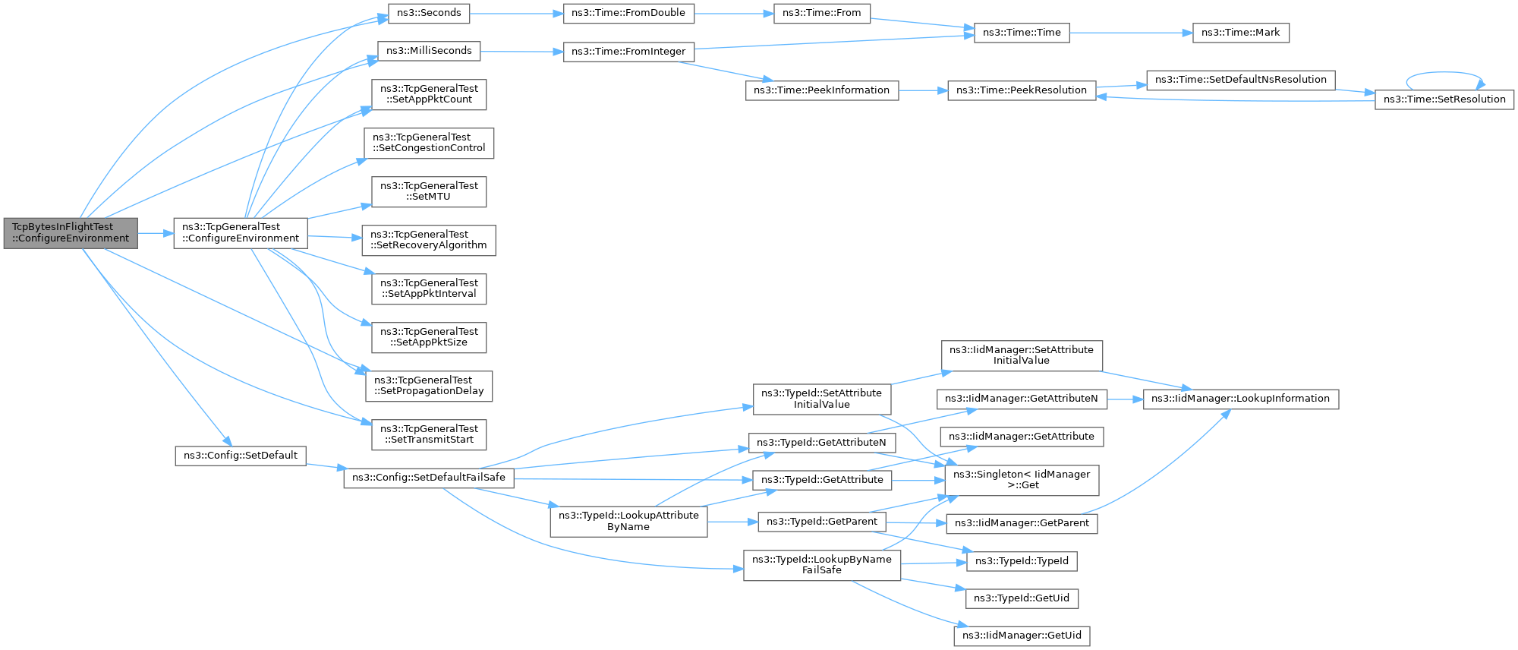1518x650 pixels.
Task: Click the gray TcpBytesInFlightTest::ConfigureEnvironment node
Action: pyautogui.click(x=71, y=233)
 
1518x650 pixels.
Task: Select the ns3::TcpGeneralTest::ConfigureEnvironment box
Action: pyautogui.click(x=241, y=233)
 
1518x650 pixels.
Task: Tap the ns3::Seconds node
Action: pyautogui.click(x=429, y=13)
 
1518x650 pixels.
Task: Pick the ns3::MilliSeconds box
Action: pyautogui.click(x=429, y=51)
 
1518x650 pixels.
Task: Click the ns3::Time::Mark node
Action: pyautogui.click(x=1240, y=33)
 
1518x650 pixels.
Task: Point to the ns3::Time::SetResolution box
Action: pyautogui.click(x=1444, y=99)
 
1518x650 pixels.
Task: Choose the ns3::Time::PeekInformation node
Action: pyautogui.click(x=822, y=90)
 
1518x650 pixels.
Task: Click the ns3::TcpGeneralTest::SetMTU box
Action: pyautogui.click(x=429, y=191)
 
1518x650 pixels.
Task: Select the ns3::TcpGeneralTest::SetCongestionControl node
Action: pyautogui.click(x=429, y=143)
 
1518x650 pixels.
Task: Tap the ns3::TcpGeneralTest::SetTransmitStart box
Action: pyautogui.click(x=429, y=434)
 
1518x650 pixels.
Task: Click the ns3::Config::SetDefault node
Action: pyautogui.click(x=241, y=456)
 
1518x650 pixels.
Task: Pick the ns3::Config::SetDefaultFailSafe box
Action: pyautogui.click(x=429, y=478)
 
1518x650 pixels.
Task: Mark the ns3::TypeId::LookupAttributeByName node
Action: pyautogui.click(x=628, y=522)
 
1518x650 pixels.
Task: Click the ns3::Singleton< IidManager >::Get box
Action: pyautogui.click(x=1022, y=480)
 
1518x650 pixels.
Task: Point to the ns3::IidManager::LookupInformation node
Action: pyautogui.click(x=1241, y=399)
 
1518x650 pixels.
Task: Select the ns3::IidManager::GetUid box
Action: pyautogui.click(x=1022, y=636)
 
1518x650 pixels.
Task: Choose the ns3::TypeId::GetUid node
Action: pyautogui.click(x=1022, y=598)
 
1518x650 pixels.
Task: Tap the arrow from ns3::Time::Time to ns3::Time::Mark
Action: pyautogui.click(x=1131, y=33)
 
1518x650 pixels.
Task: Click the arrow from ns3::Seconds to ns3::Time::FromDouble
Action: pyautogui.click(x=516, y=13)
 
